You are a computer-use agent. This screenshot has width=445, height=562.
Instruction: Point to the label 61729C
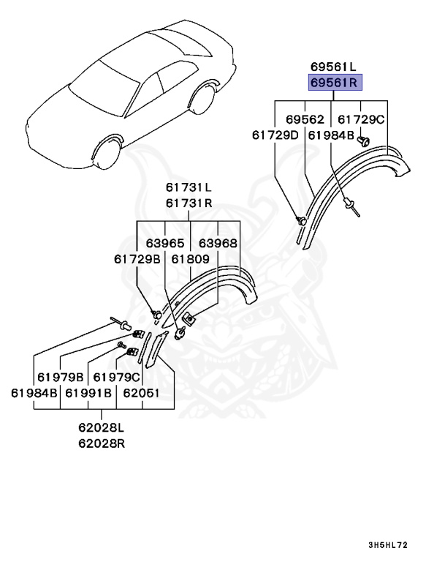tap(361, 119)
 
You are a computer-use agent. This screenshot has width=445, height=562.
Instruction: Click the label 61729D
tap(275, 135)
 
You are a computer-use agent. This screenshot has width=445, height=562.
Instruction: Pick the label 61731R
tap(188, 203)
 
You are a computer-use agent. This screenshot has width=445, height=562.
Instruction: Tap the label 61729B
tap(137, 259)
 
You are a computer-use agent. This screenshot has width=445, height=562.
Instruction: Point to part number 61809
tap(191, 259)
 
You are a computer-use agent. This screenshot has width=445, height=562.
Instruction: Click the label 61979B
tap(60, 378)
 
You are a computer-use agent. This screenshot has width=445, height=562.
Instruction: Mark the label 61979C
tap(117, 378)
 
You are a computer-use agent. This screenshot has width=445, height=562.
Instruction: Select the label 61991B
tap(88, 393)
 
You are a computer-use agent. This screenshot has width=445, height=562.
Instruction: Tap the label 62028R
tap(101, 443)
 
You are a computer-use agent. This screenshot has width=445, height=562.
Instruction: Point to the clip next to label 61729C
tap(365, 142)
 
